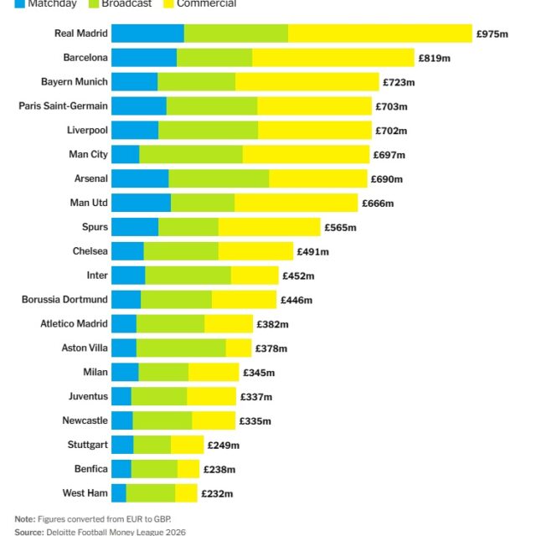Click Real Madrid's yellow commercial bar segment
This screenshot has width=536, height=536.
pos(380,33)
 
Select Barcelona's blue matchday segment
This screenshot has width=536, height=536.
pos(144,58)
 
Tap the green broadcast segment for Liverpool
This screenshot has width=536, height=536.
pos(208,131)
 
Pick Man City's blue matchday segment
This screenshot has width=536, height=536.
pos(126,155)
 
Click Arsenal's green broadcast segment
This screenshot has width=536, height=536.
pos(219,179)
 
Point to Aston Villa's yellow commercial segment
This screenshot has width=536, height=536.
pos(239,348)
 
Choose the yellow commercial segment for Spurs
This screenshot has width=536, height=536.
pos(269,227)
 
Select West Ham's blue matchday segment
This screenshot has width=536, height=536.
pos(119,493)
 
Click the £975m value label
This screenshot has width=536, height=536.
pos(492,34)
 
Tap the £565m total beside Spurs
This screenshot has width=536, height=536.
pos(340,228)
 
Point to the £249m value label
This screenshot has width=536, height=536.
pos(223,446)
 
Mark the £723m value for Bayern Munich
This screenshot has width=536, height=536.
pos(399,83)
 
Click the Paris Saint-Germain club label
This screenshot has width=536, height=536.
pos(64,106)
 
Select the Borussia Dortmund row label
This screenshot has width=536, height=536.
pos(64,300)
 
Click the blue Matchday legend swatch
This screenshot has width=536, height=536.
pos(20,3)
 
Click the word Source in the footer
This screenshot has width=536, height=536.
pos(28,532)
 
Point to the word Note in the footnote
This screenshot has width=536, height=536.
pos(25,519)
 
